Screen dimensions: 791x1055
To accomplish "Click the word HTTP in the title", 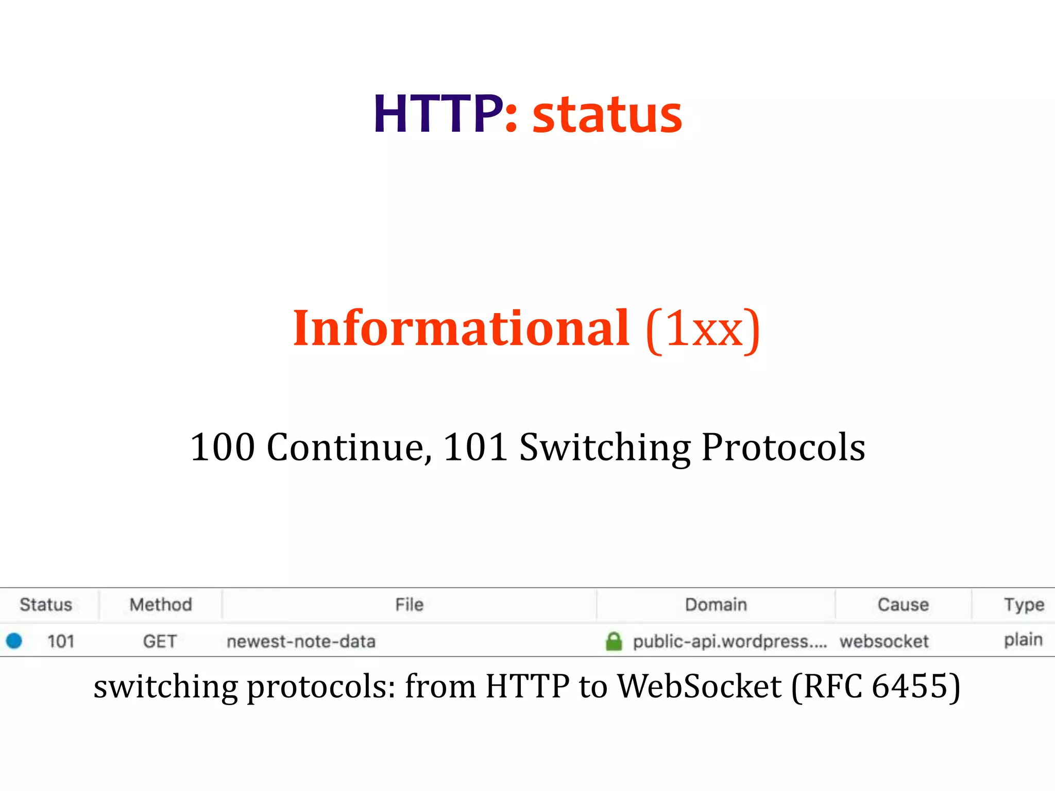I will [x=438, y=114].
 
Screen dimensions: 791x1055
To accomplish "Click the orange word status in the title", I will [x=607, y=115].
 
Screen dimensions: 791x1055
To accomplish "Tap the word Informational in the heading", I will [x=461, y=328].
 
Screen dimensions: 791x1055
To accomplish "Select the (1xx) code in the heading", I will [x=703, y=330].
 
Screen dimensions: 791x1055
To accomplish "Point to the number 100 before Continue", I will [x=222, y=446].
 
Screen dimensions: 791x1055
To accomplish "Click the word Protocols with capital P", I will [x=783, y=446].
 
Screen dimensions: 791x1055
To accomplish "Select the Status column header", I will [x=46, y=604].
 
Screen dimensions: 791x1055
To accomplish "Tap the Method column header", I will [x=161, y=604].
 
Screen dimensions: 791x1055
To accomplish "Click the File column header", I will [x=409, y=604].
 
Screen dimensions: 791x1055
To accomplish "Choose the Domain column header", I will [x=716, y=604].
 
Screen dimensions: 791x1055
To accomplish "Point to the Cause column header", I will [x=903, y=604].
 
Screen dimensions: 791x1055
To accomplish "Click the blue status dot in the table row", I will [x=14, y=641].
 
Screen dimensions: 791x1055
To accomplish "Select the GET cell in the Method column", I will [x=160, y=641].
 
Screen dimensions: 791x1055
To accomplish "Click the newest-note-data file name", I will [x=301, y=641].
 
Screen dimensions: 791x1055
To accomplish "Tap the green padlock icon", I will [x=614, y=641].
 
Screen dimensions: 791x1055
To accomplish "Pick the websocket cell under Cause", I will [x=884, y=641].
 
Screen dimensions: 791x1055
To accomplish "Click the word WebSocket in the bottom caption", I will [x=699, y=686].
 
